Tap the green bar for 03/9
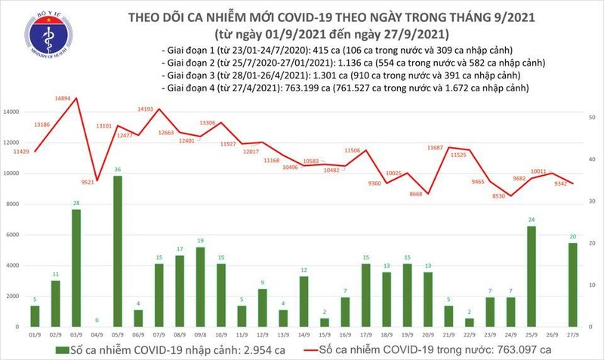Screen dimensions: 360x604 (77, 268)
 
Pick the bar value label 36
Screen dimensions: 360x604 (117, 170)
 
